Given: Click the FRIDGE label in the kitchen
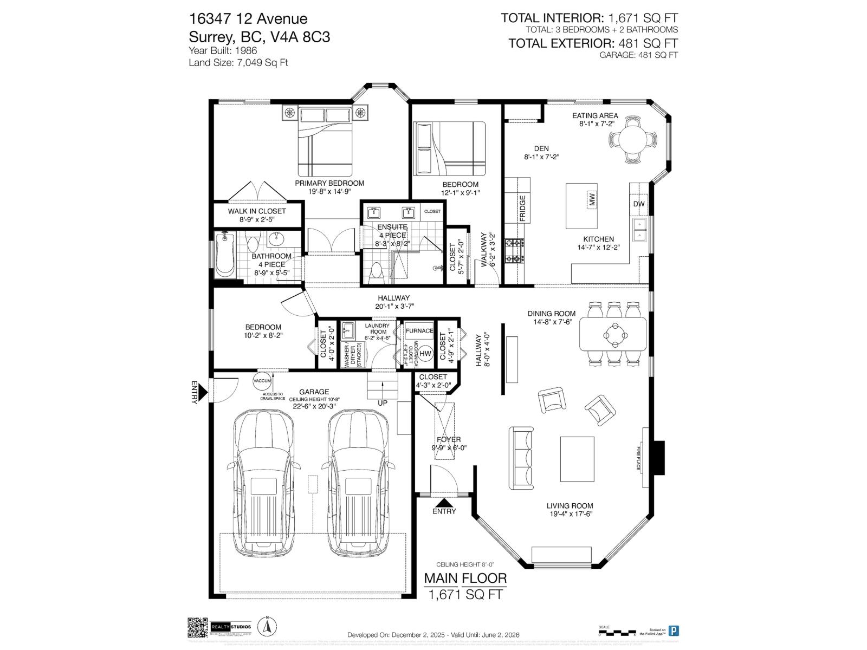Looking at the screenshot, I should tap(522, 208).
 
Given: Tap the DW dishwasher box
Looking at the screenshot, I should tap(639, 204).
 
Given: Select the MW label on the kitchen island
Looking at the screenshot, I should tap(592, 199).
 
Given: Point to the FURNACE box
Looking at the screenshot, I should tap(419, 330).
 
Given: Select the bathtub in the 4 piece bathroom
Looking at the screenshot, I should tap(224, 254).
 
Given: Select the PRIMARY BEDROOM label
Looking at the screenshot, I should tap(329, 183).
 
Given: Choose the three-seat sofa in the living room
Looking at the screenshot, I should tap(520, 456).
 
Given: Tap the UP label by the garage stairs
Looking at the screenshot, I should tap(383, 403).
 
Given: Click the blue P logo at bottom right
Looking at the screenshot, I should tap(674, 630).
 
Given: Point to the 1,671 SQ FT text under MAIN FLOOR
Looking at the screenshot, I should tap(465, 595).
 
